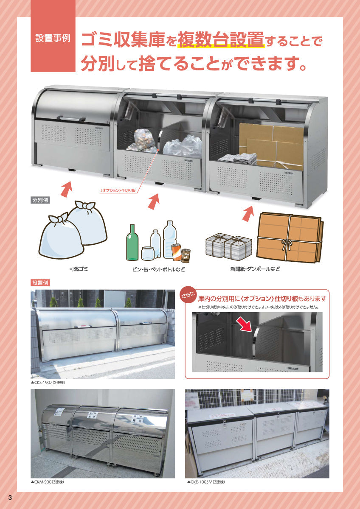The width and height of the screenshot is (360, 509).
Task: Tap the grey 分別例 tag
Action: [40, 200]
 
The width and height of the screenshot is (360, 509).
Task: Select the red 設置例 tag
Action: [40, 282]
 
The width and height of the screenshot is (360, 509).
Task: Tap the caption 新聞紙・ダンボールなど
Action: [254, 269]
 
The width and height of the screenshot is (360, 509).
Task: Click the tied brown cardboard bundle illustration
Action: [290, 237]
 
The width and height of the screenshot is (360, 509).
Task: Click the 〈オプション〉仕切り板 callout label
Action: [117, 191]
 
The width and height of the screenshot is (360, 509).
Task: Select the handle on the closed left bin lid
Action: [71, 118]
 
